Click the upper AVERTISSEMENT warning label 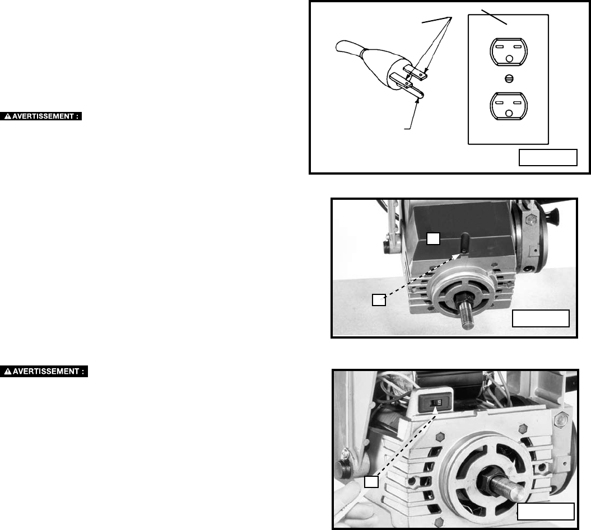click(41, 116)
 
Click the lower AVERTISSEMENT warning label click(44, 372)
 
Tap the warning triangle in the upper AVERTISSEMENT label click(7, 116)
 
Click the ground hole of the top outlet click(509, 58)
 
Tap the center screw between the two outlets click(509, 79)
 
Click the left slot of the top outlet click(500, 46)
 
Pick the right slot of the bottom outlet click(518, 102)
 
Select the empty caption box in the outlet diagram click(548, 157)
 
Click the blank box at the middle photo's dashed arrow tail click(379, 300)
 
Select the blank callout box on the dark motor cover click(433, 238)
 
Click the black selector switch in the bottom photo click(436, 402)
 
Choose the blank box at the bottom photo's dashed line click(371, 482)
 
